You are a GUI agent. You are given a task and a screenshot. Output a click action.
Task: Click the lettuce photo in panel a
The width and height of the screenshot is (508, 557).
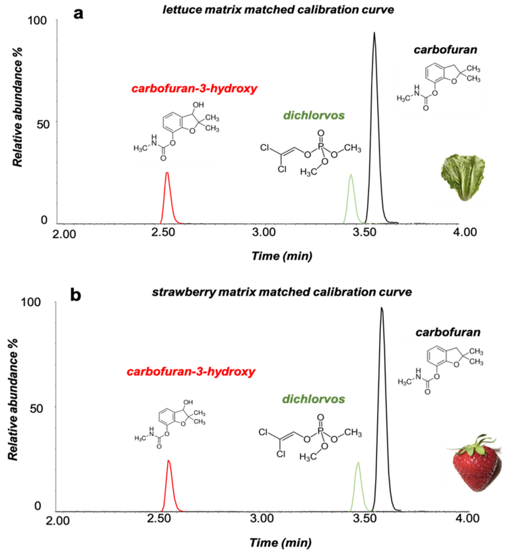463,177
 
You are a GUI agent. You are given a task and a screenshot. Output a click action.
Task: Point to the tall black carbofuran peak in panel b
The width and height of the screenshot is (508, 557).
382,387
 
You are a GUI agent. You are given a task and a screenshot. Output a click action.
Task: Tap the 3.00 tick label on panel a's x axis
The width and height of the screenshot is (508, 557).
264,232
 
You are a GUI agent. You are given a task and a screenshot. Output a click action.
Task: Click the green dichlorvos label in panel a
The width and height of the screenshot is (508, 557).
314,115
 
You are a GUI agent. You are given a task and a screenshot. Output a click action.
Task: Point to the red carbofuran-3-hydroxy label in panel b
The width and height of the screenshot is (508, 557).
191,372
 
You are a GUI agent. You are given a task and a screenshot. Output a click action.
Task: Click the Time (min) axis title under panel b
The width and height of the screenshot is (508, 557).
281,543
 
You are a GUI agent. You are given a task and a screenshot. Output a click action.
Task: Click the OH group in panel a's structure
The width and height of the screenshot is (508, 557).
198,105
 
